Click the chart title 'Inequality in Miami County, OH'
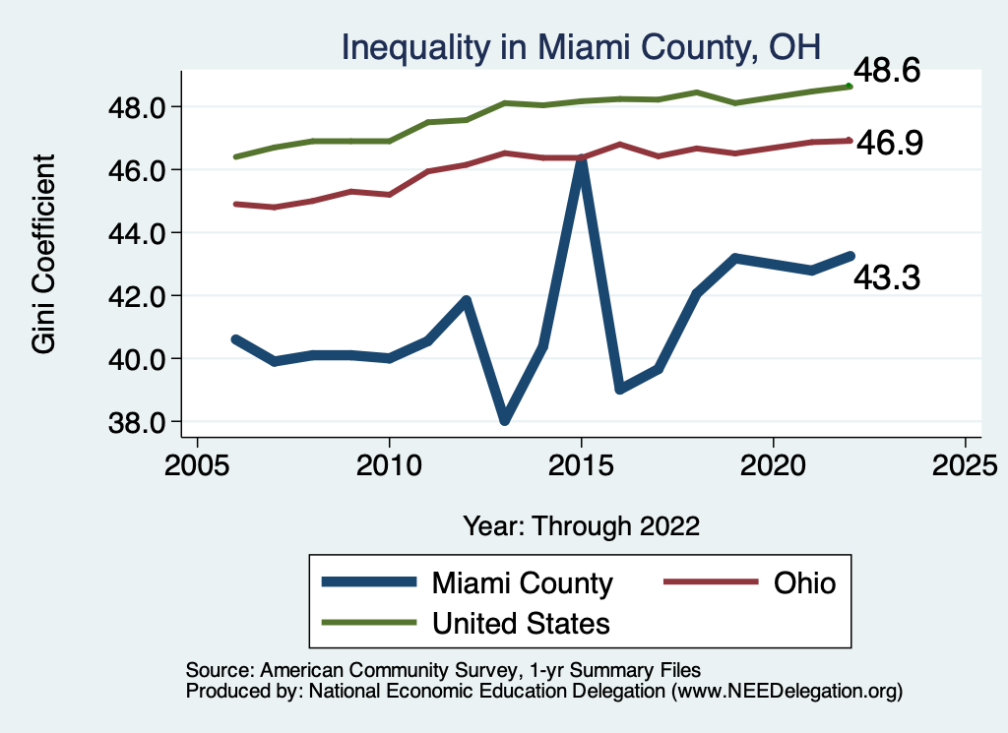[581, 46]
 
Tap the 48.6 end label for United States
[886, 72]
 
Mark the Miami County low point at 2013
[505, 420]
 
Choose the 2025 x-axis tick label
[965, 462]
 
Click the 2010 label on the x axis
[389, 462]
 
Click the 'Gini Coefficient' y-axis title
[44, 253]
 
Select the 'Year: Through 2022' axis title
[581, 525]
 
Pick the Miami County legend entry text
[523, 583]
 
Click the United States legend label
[522, 623]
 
